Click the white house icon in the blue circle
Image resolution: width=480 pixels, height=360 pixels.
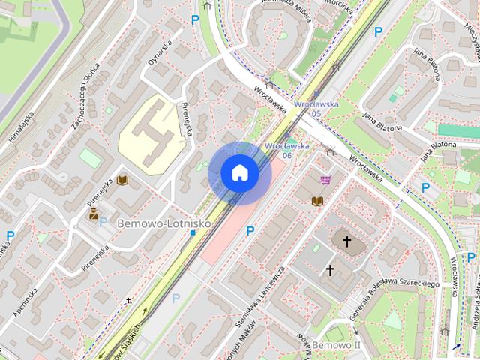[239, 173]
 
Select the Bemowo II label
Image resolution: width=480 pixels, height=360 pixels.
[337, 345]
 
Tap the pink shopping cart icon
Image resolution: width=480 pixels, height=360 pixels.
[325, 180]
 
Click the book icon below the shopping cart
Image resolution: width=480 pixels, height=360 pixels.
[318, 201]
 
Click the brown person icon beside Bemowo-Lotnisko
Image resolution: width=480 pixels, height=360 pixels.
[94, 214]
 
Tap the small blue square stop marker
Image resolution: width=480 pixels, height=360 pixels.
[193, 233]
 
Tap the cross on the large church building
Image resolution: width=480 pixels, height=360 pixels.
[347, 241]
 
